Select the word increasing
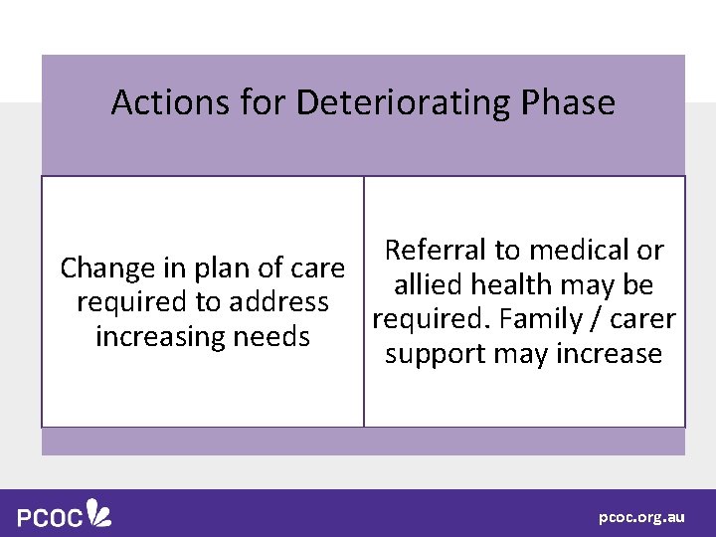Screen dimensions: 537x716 160,337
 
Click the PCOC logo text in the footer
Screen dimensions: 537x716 50,518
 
